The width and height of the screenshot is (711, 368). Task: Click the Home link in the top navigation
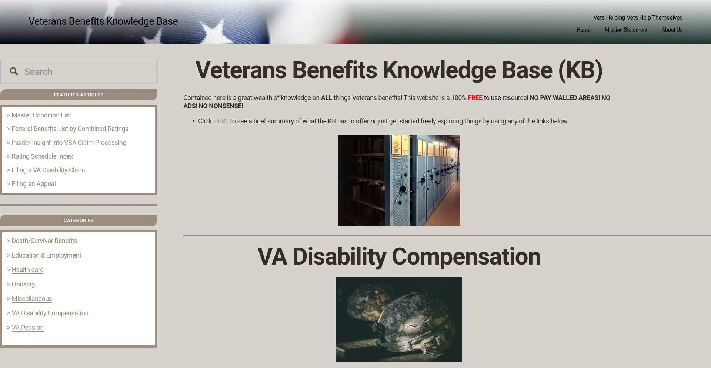(x=583, y=30)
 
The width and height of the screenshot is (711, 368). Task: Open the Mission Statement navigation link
(x=626, y=30)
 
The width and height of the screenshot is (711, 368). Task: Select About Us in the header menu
(x=672, y=30)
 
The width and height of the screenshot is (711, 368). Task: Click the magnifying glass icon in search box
(x=14, y=72)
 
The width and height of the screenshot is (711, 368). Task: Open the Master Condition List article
(x=41, y=115)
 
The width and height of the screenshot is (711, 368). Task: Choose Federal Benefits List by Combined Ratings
(x=70, y=129)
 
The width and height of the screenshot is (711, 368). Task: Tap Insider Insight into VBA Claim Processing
(x=69, y=143)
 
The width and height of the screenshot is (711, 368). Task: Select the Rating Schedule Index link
(x=42, y=156)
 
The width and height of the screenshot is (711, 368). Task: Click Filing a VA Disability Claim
(x=48, y=170)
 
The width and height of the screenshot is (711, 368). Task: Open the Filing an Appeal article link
(x=34, y=184)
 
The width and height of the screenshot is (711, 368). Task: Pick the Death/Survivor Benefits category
(x=44, y=241)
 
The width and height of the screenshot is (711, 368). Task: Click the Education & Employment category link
(x=46, y=255)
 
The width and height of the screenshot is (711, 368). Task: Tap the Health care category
(x=27, y=270)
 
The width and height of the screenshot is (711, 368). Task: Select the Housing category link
(x=23, y=284)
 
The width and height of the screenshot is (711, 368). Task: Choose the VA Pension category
(x=27, y=328)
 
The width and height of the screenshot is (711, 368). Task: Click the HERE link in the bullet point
(x=221, y=121)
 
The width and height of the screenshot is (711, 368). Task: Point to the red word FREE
(x=475, y=98)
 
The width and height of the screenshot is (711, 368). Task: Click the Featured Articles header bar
(x=79, y=95)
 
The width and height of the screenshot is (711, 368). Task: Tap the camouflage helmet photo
(x=399, y=319)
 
